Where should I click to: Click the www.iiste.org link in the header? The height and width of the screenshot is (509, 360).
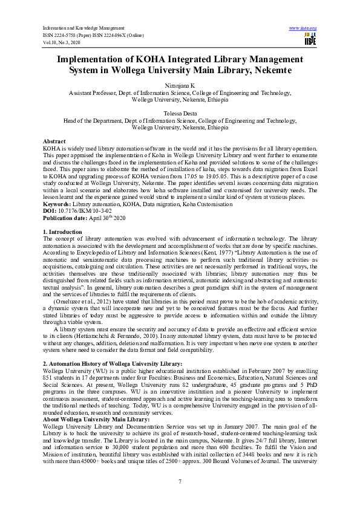[x=303, y=28]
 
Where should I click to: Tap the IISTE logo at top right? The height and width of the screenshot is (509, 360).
[x=310, y=39]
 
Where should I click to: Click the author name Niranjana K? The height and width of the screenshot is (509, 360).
[x=180, y=86]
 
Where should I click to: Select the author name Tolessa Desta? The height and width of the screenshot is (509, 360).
[x=180, y=113]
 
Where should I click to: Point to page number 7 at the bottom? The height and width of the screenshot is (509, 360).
[x=180, y=481]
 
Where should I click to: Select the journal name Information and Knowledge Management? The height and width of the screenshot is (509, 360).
[x=84, y=28]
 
